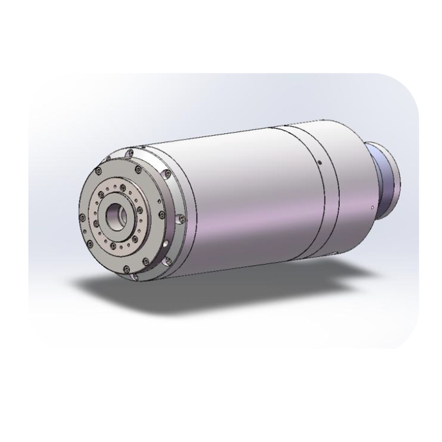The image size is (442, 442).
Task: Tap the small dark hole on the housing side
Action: (x=320, y=162)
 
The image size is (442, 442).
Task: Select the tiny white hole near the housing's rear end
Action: (x=373, y=208)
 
